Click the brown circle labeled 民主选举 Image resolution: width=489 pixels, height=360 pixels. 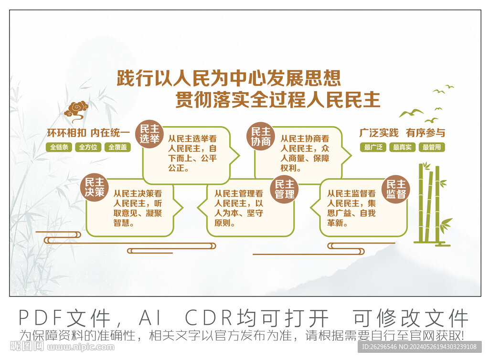(149, 134)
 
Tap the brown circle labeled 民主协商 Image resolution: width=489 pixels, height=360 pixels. (261, 136)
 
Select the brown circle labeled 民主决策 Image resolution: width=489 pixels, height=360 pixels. (94, 187)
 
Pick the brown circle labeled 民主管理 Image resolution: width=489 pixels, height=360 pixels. (285, 189)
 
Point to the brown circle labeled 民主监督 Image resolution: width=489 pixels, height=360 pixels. (396, 189)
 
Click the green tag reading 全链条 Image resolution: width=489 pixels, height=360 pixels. (59, 147)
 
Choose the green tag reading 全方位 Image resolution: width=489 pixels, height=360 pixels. (88, 147)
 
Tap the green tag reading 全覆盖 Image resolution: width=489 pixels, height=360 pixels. (117, 147)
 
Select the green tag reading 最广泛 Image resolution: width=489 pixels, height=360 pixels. (373, 147)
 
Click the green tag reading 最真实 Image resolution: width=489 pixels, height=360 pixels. (402, 147)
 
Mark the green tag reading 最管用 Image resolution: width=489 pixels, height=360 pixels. (432, 147)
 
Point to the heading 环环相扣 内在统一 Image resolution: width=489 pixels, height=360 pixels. (88, 133)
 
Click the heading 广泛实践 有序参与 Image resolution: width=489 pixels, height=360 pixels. (402, 133)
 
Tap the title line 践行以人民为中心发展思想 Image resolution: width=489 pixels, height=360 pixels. (229, 78)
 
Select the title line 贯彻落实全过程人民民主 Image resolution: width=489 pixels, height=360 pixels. (277, 99)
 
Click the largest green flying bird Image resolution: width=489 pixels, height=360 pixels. (411, 113)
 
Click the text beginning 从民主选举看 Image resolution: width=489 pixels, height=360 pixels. (192, 153)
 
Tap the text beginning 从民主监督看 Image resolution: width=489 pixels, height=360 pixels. (351, 208)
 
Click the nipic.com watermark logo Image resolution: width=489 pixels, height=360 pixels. (63, 346)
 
